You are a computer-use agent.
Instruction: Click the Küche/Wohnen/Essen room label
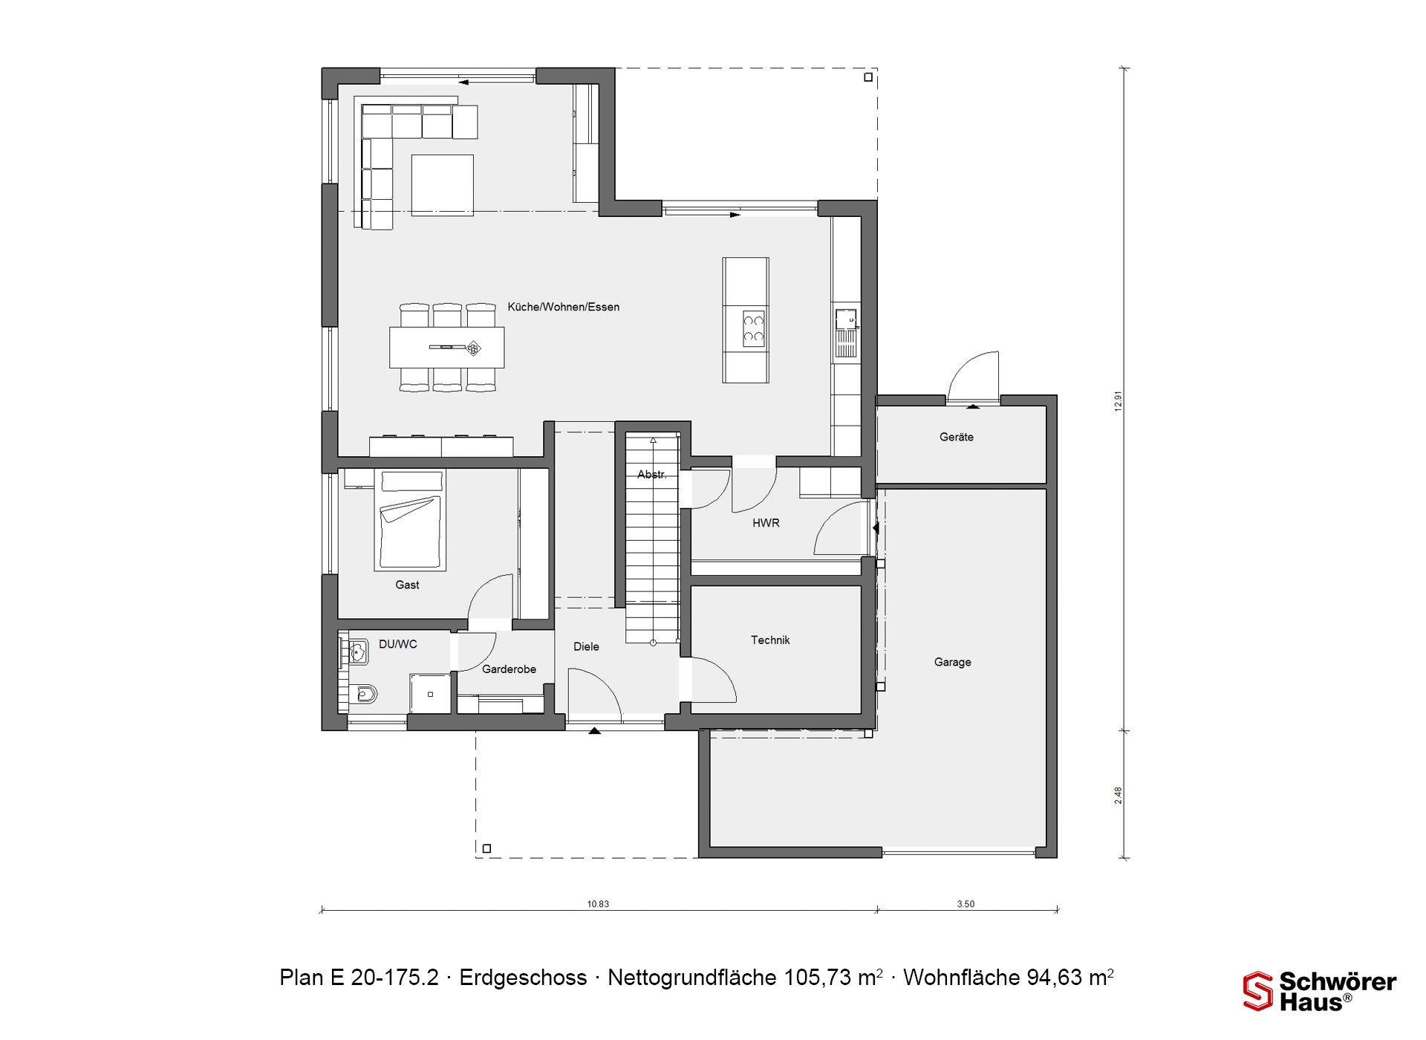[x=563, y=307]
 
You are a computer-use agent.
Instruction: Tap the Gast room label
[x=407, y=585]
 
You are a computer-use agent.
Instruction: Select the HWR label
[x=766, y=523]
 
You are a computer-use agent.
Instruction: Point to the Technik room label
[x=770, y=640]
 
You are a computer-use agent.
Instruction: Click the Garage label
[x=952, y=662]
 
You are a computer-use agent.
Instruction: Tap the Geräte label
[x=956, y=437]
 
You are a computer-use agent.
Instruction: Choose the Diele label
[x=586, y=646]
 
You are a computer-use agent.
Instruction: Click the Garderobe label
[x=509, y=669]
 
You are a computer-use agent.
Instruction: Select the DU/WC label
[x=398, y=644]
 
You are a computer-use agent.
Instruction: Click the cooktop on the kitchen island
[x=754, y=330]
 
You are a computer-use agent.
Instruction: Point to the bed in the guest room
[x=410, y=520]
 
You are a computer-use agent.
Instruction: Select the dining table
[x=447, y=347]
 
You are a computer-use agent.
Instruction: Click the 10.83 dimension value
[x=598, y=904]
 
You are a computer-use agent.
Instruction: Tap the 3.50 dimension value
[x=966, y=904]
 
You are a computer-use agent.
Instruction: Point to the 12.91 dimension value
[x=1119, y=401]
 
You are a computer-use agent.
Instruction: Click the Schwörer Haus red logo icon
[x=1257, y=991]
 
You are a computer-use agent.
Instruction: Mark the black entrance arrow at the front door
[x=594, y=731]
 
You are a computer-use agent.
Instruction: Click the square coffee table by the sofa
[x=442, y=185]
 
